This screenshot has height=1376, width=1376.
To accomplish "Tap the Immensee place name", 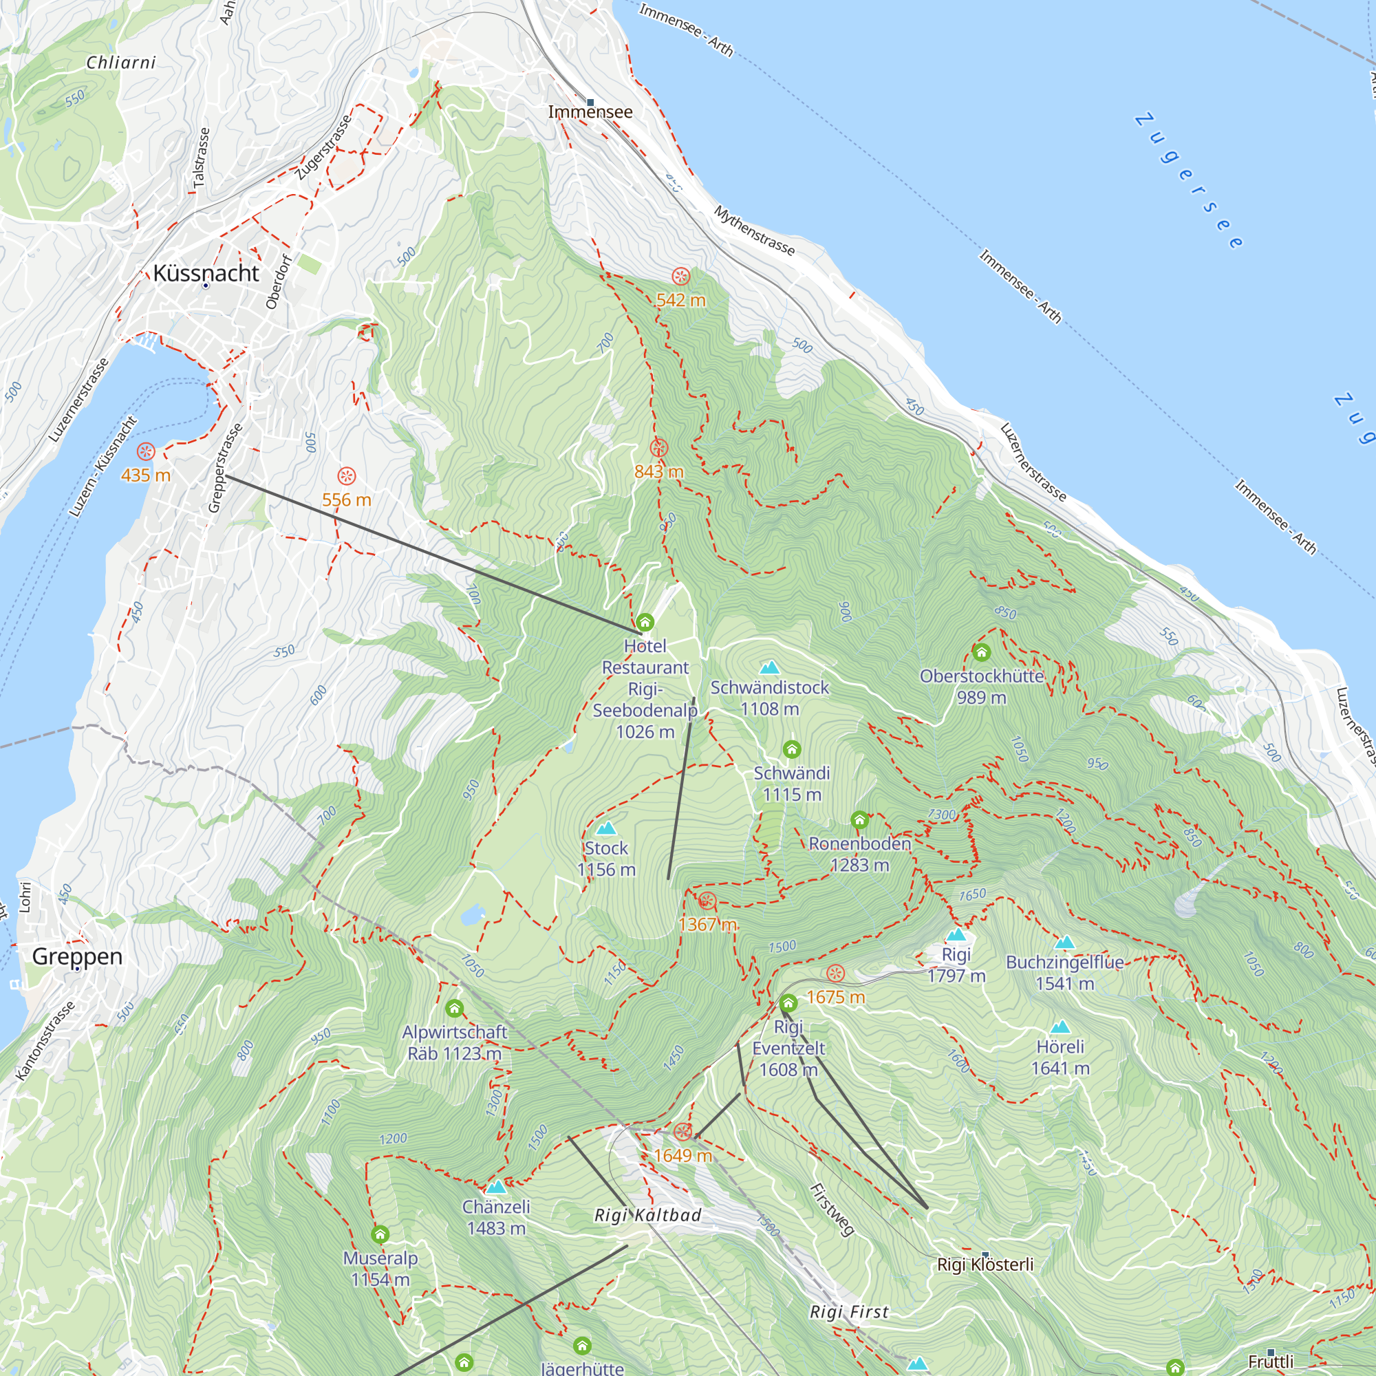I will tap(590, 112).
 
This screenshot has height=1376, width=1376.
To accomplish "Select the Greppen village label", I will tap(77, 956).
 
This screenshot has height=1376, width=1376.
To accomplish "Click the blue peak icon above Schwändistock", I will tap(769, 667).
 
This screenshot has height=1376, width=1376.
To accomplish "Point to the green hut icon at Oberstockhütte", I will tap(982, 652).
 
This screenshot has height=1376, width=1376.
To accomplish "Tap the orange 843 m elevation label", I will tap(659, 471).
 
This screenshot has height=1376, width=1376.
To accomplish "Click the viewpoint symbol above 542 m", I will tap(681, 277).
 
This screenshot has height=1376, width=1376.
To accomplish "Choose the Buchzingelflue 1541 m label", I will tap(1064, 972).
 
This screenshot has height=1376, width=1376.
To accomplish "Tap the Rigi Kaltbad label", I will tap(647, 1215).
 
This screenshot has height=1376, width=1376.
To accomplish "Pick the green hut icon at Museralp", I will tap(380, 1234).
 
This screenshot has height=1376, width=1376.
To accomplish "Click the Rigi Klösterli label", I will tap(985, 1264).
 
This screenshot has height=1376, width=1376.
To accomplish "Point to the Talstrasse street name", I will tap(202, 158).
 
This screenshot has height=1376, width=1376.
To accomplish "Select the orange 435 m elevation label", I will tap(145, 475).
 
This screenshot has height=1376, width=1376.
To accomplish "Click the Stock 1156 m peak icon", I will tap(605, 828).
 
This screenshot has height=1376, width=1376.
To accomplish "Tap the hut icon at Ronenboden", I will tap(859, 820).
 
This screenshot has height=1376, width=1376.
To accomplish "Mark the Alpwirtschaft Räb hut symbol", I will tap(454, 1008).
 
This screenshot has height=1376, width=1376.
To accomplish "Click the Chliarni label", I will tap(121, 63).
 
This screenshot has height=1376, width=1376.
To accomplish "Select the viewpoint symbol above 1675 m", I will tap(835, 973).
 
